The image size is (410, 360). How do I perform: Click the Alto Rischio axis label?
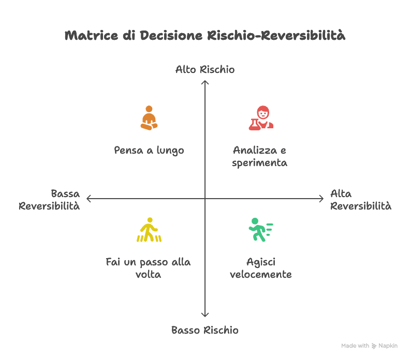pos(205,69)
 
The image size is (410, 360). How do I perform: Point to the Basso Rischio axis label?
pos(205,330)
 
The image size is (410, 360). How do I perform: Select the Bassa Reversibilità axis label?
pos(50,200)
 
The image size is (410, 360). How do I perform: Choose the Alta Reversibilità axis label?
pos(360,200)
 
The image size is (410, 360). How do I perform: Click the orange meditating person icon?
pos(149,118)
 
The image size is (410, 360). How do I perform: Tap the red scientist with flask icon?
pos(261,118)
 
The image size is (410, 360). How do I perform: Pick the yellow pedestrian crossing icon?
pos(149,230)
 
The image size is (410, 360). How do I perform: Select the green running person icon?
pos(260,230)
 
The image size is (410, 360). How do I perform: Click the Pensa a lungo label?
pos(149,151)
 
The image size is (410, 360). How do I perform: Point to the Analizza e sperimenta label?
pos(260,156)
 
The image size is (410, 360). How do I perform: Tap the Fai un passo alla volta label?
pos(148,268)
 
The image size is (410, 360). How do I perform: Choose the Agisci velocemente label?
pos(260,268)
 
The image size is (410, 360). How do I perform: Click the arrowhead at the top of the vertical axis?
pos(205,81)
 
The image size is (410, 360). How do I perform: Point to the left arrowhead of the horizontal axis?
pos(89,198)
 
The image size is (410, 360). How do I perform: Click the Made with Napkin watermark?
pos(369,346)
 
